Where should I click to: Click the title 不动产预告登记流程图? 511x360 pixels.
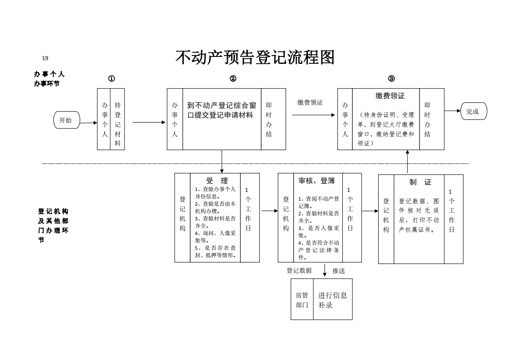point(255,58)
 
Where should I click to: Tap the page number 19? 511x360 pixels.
point(45,58)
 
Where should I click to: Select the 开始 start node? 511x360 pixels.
point(67,120)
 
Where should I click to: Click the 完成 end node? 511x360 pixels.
point(473,111)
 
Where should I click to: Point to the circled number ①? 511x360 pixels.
point(112,79)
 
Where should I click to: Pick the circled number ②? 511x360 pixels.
point(233,79)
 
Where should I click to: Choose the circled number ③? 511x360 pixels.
point(392,79)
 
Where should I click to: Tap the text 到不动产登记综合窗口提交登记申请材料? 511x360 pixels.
point(221,110)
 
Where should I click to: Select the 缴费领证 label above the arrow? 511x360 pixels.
point(310,102)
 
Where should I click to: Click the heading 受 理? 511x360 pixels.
point(217,181)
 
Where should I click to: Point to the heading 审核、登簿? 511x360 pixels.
point(317,181)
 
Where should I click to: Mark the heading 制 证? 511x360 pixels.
point(420,182)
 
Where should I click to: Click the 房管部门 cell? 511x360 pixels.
point(302,299)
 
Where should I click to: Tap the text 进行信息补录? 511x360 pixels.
point(332,300)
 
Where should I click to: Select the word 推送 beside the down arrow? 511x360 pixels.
point(339,271)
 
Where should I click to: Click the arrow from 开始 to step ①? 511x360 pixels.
point(89,123)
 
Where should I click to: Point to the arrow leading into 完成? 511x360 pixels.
point(452,111)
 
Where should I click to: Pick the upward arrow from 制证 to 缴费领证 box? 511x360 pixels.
point(407,162)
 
